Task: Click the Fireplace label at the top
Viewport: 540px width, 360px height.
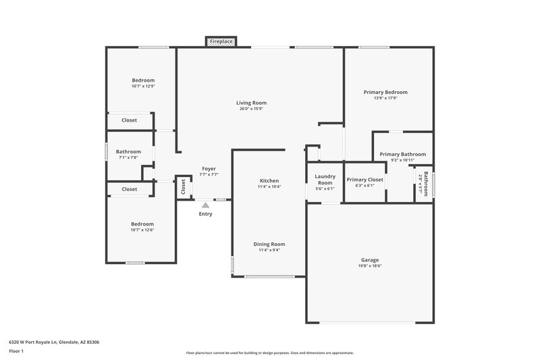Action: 221,42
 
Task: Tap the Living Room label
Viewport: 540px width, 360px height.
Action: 252,103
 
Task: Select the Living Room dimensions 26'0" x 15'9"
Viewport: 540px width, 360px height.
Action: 252,109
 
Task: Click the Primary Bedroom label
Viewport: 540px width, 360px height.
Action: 385,92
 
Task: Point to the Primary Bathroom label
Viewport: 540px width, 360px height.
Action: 402,154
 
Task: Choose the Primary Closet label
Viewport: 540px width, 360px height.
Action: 364,180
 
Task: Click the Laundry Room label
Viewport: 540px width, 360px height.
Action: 325,180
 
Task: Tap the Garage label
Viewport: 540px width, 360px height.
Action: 369,260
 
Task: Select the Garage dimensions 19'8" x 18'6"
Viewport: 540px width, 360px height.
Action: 369,266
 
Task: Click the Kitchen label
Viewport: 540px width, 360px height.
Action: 269,180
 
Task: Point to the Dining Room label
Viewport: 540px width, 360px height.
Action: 269,244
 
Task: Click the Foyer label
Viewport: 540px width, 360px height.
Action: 209,168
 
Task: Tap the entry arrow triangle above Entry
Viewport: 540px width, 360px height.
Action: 205,204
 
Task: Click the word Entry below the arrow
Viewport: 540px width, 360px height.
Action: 205,214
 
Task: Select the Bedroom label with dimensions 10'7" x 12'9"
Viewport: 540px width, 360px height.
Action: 142,80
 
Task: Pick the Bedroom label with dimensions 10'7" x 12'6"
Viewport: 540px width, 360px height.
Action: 142,224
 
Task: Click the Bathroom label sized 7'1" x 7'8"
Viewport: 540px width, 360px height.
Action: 128,151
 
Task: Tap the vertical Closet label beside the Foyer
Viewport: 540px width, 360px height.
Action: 183,187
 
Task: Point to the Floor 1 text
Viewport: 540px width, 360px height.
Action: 16,351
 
